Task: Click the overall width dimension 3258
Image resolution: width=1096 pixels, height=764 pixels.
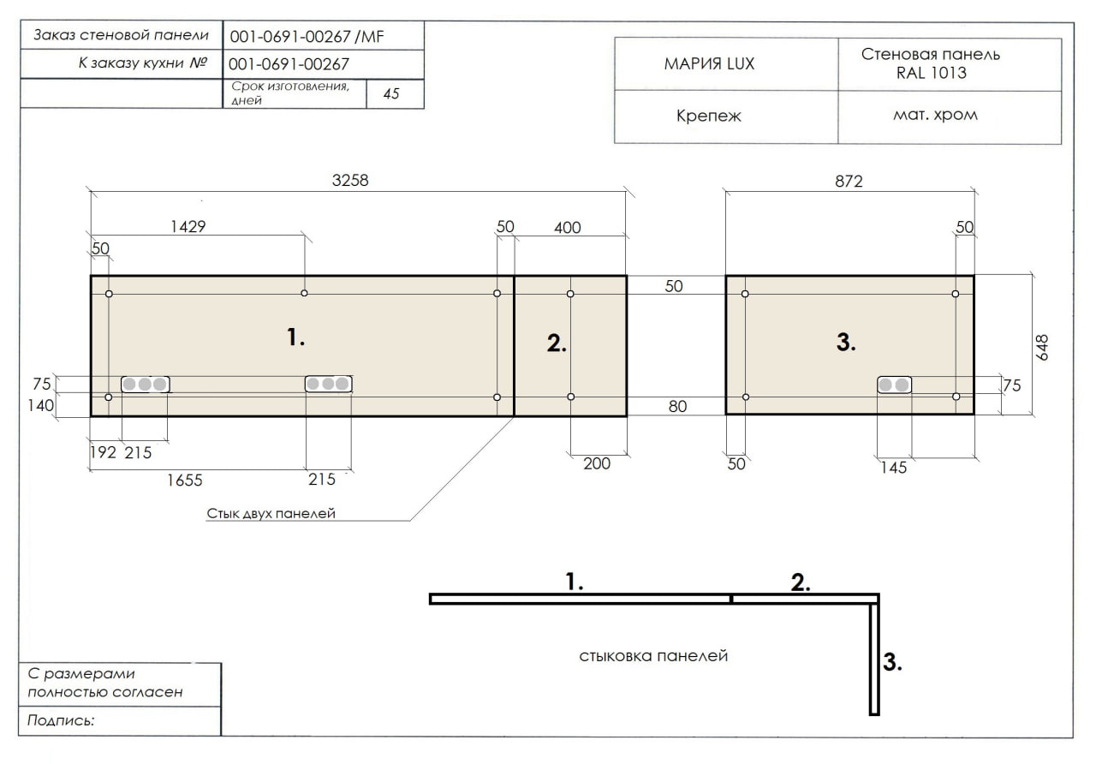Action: (350, 181)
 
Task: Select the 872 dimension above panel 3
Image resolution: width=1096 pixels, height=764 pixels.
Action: (849, 182)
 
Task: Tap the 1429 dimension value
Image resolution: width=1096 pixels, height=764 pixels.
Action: (188, 227)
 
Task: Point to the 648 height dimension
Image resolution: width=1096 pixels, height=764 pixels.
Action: (1042, 348)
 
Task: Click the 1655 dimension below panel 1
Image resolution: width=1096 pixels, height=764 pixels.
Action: (184, 480)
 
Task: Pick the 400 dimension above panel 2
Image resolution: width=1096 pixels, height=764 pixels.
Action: (567, 228)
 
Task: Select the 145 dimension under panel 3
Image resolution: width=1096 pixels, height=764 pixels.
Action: (893, 468)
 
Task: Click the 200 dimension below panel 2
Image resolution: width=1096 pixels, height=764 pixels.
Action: (597, 463)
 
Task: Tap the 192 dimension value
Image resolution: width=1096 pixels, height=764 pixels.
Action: (104, 452)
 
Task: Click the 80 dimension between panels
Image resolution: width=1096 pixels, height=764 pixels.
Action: (677, 406)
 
